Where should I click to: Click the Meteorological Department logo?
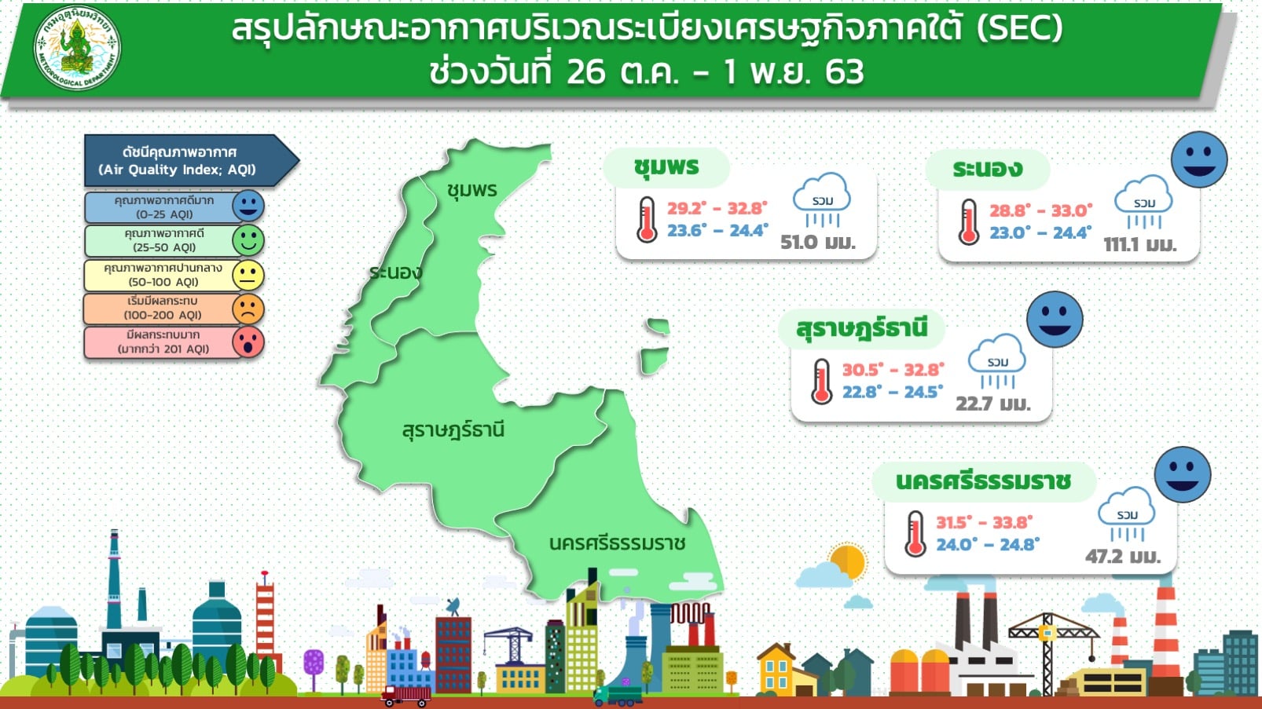[77, 47]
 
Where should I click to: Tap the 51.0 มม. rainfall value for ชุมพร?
[818, 243]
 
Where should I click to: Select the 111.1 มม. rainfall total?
[1140, 245]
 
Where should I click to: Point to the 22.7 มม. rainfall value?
[993, 404]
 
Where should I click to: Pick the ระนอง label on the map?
[395, 272]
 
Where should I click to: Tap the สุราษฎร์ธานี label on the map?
[453, 430]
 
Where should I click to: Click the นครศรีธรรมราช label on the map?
[618, 543]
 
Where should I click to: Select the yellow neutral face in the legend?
[248, 276]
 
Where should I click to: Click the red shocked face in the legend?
[248, 342]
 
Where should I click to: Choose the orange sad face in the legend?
[248, 309]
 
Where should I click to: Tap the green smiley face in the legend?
[248, 240]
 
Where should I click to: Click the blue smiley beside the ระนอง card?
[1199, 159]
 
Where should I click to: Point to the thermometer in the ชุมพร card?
[647, 220]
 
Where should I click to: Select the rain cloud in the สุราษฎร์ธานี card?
[997, 361]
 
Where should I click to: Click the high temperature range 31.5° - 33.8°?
[985, 523]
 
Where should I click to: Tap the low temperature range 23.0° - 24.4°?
[1040, 232]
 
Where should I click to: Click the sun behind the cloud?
[849, 561]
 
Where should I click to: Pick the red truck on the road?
[406, 696]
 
